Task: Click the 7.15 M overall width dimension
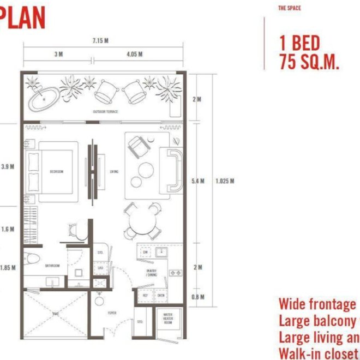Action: point(100,40)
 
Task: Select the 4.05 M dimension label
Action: point(134,55)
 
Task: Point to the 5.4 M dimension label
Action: point(199,181)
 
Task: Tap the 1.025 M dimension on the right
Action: point(225,181)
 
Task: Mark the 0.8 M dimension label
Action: point(199,297)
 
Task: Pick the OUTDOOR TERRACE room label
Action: point(105,112)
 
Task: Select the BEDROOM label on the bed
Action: point(56,172)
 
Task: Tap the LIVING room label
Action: point(114,172)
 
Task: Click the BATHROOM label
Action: point(52,266)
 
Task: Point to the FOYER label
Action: point(112,313)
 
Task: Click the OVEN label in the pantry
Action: point(161,296)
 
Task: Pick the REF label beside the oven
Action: point(146,296)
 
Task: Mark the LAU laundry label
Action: point(100,268)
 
